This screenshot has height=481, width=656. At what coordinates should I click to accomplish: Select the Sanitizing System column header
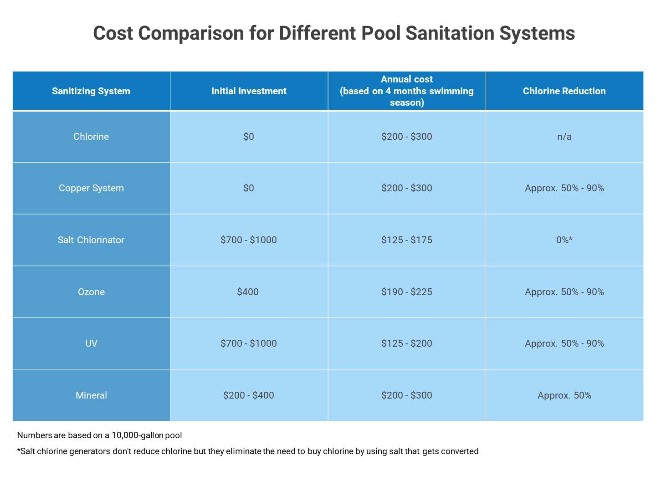click(x=91, y=91)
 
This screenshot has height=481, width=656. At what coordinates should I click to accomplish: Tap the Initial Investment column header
click(x=249, y=91)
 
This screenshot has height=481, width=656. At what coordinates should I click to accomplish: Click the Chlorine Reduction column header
click(x=564, y=91)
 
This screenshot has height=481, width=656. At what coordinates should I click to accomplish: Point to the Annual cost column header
click(x=406, y=91)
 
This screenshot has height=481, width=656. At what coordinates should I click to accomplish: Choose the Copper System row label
click(x=91, y=188)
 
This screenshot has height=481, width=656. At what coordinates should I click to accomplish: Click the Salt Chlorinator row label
click(x=91, y=240)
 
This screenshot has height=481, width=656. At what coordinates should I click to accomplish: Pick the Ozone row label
click(x=91, y=292)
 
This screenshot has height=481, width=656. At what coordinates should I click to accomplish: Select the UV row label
click(x=91, y=343)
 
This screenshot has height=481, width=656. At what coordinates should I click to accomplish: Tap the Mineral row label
click(x=91, y=395)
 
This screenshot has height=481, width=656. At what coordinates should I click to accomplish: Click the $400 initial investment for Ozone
click(x=248, y=292)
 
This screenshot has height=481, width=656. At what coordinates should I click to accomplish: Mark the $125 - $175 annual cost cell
click(x=406, y=240)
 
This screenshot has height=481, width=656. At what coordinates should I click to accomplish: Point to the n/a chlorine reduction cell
click(x=564, y=137)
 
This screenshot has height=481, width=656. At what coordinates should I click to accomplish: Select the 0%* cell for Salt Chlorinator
click(x=564, y=240)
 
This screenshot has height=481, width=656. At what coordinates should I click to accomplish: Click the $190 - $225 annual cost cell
click(x=406, y=292)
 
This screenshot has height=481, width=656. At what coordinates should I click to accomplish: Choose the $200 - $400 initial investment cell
click(x=249, y=395)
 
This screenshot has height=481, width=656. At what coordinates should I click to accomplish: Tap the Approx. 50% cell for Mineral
click(x=564, y=395)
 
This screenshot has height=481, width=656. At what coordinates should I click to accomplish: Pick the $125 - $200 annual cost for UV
click(x=406, y=343)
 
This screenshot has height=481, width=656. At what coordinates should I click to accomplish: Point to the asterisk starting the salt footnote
click(x=19, y=450)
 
